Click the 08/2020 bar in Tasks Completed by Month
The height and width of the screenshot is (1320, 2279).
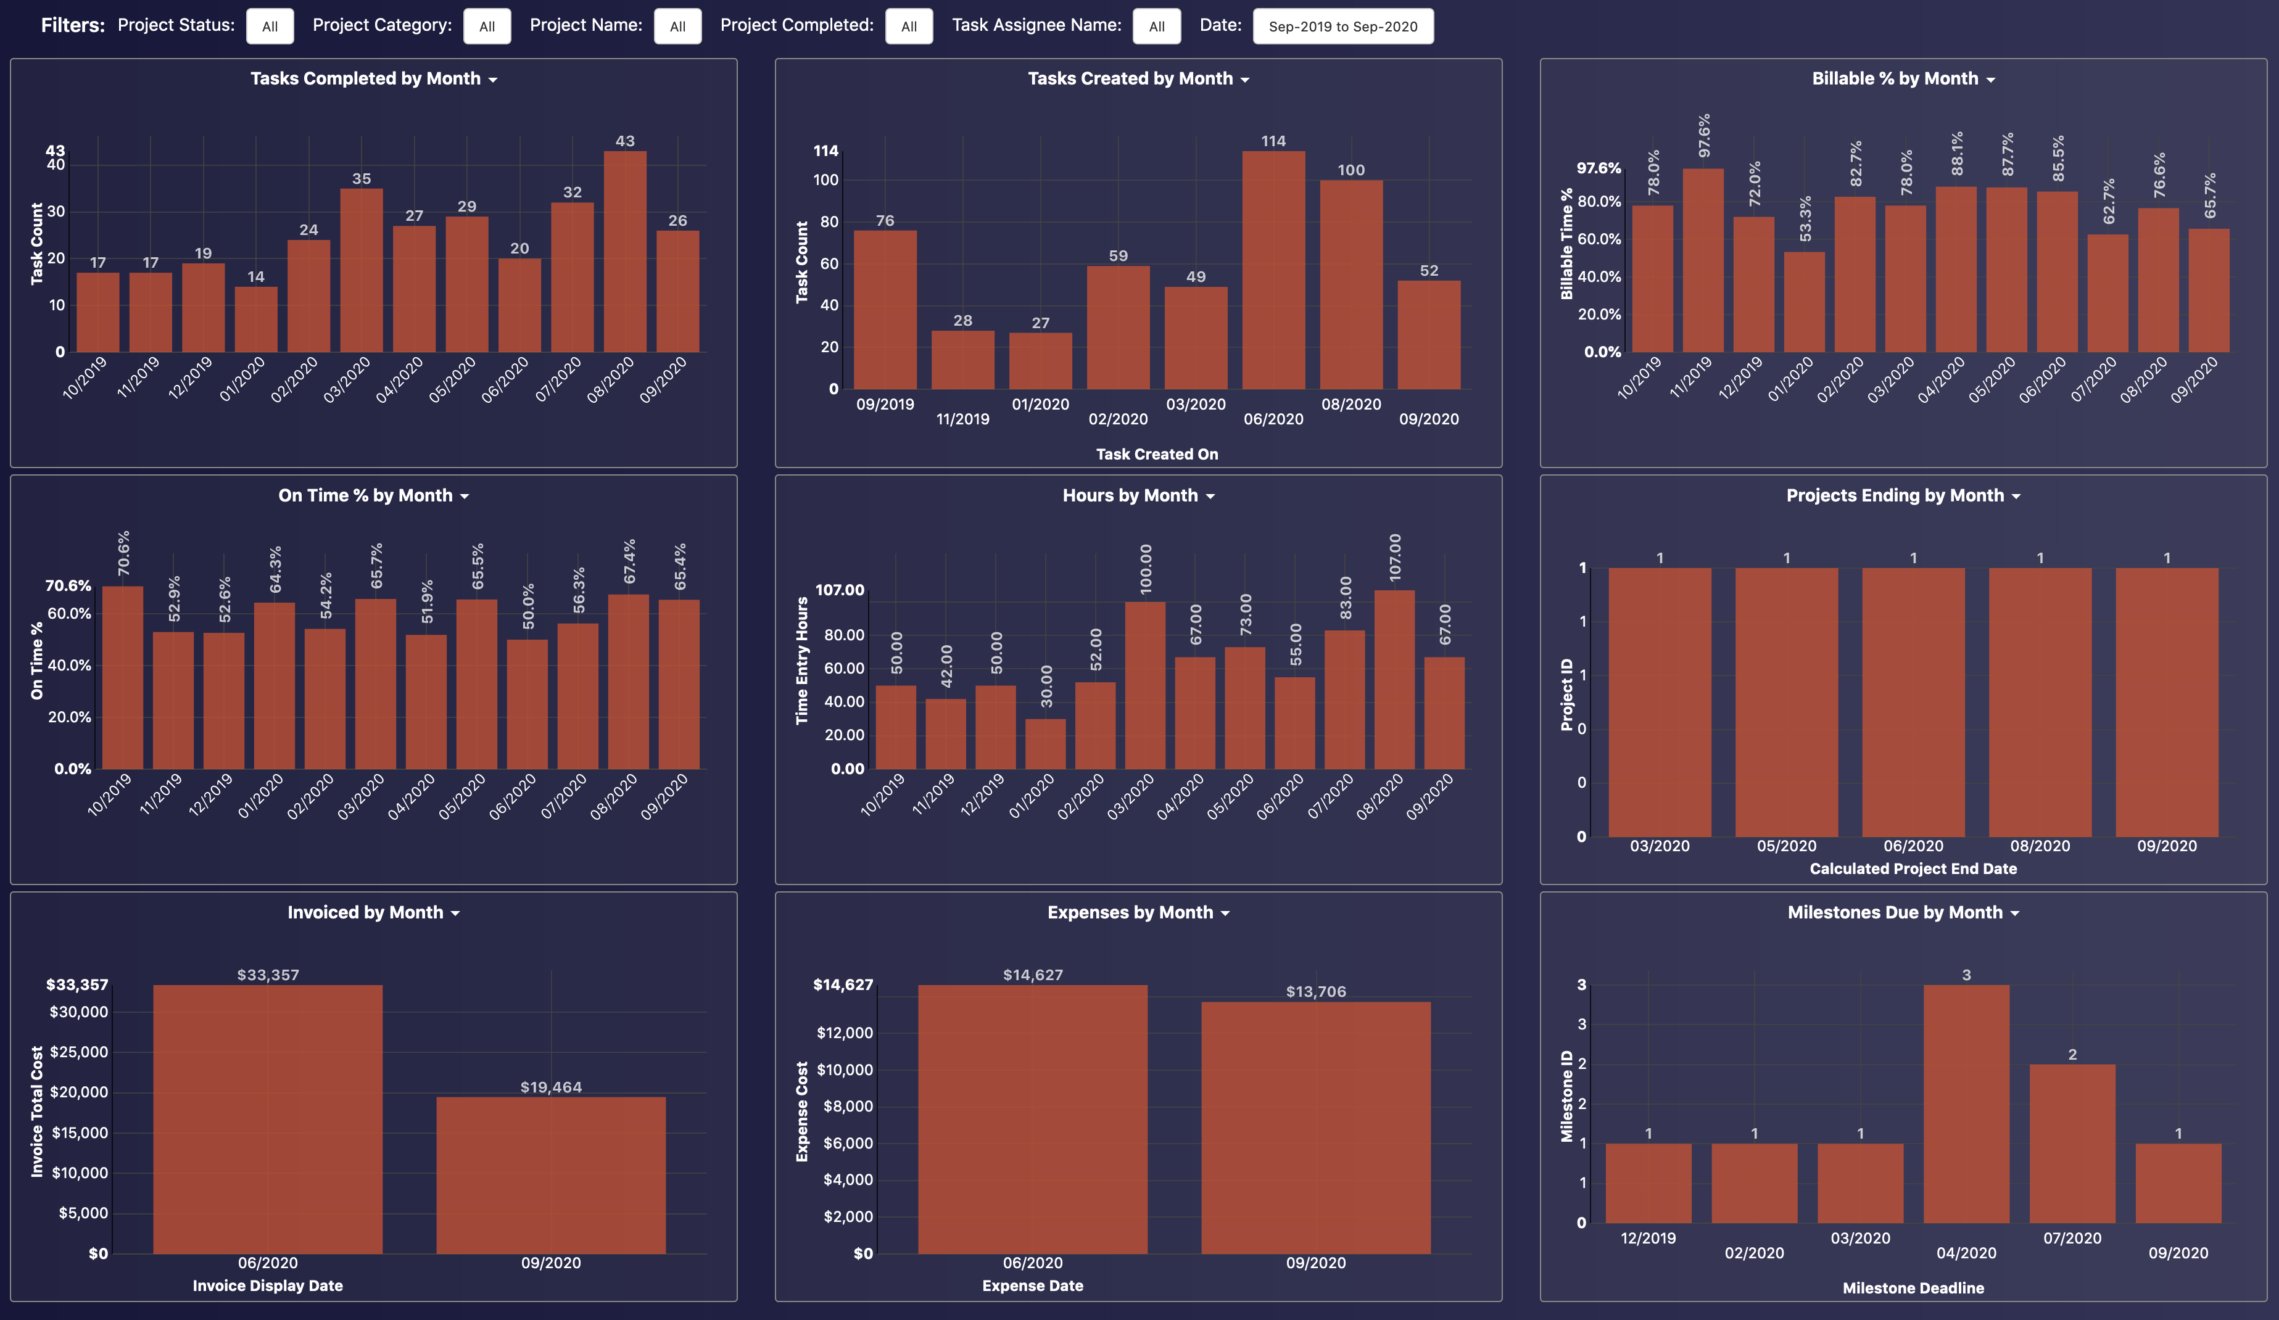tap(625, 253)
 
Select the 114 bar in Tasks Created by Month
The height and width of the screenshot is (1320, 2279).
tap(1273, 271)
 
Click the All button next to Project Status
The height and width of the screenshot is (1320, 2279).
tap(270, 27)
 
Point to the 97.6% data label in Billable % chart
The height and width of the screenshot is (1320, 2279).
tap(1704, 136)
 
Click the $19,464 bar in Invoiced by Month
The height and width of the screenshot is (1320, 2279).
tap(551, 1175)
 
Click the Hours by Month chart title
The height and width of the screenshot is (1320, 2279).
tap(1130, 495)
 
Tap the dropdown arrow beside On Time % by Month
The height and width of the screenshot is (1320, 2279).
tap(465, 497)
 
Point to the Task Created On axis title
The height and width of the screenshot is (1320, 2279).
tap(1157, 454)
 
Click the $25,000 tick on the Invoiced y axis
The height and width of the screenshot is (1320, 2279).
tap(79, 1052)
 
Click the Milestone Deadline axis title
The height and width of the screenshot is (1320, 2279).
tap(1913, 1287)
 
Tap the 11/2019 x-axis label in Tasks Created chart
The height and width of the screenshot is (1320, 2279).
tap(962, 419)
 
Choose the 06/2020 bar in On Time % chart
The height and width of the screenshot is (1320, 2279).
tap(527, 704)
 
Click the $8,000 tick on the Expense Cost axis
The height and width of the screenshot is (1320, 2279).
tap(848, 1106)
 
